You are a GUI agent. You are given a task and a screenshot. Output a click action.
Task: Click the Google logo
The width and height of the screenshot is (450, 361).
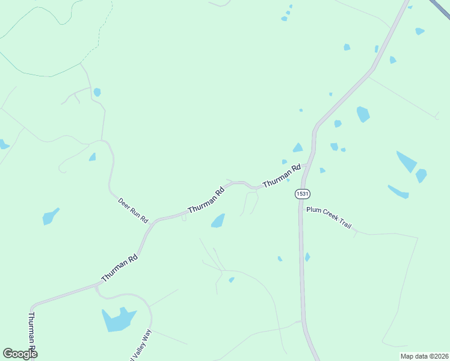[x=20, y=354]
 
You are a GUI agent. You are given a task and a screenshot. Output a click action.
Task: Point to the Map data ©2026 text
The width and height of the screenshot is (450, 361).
[x=424, y=356]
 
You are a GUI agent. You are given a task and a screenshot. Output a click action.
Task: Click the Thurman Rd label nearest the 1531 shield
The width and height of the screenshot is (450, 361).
[x=281, y=176]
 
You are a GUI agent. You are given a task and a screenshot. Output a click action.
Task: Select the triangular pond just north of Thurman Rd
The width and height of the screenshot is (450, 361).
[x=298, y=147]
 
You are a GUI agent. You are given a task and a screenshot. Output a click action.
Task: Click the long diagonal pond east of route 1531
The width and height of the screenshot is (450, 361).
[x=406, y=161]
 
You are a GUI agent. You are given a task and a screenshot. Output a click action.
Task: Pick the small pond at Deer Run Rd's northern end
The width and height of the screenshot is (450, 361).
[x=97, y=92]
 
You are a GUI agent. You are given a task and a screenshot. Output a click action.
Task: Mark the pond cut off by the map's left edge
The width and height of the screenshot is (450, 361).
[x=3, y=144]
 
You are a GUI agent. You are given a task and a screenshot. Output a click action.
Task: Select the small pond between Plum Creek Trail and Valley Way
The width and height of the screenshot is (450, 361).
[x=231, y=280]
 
